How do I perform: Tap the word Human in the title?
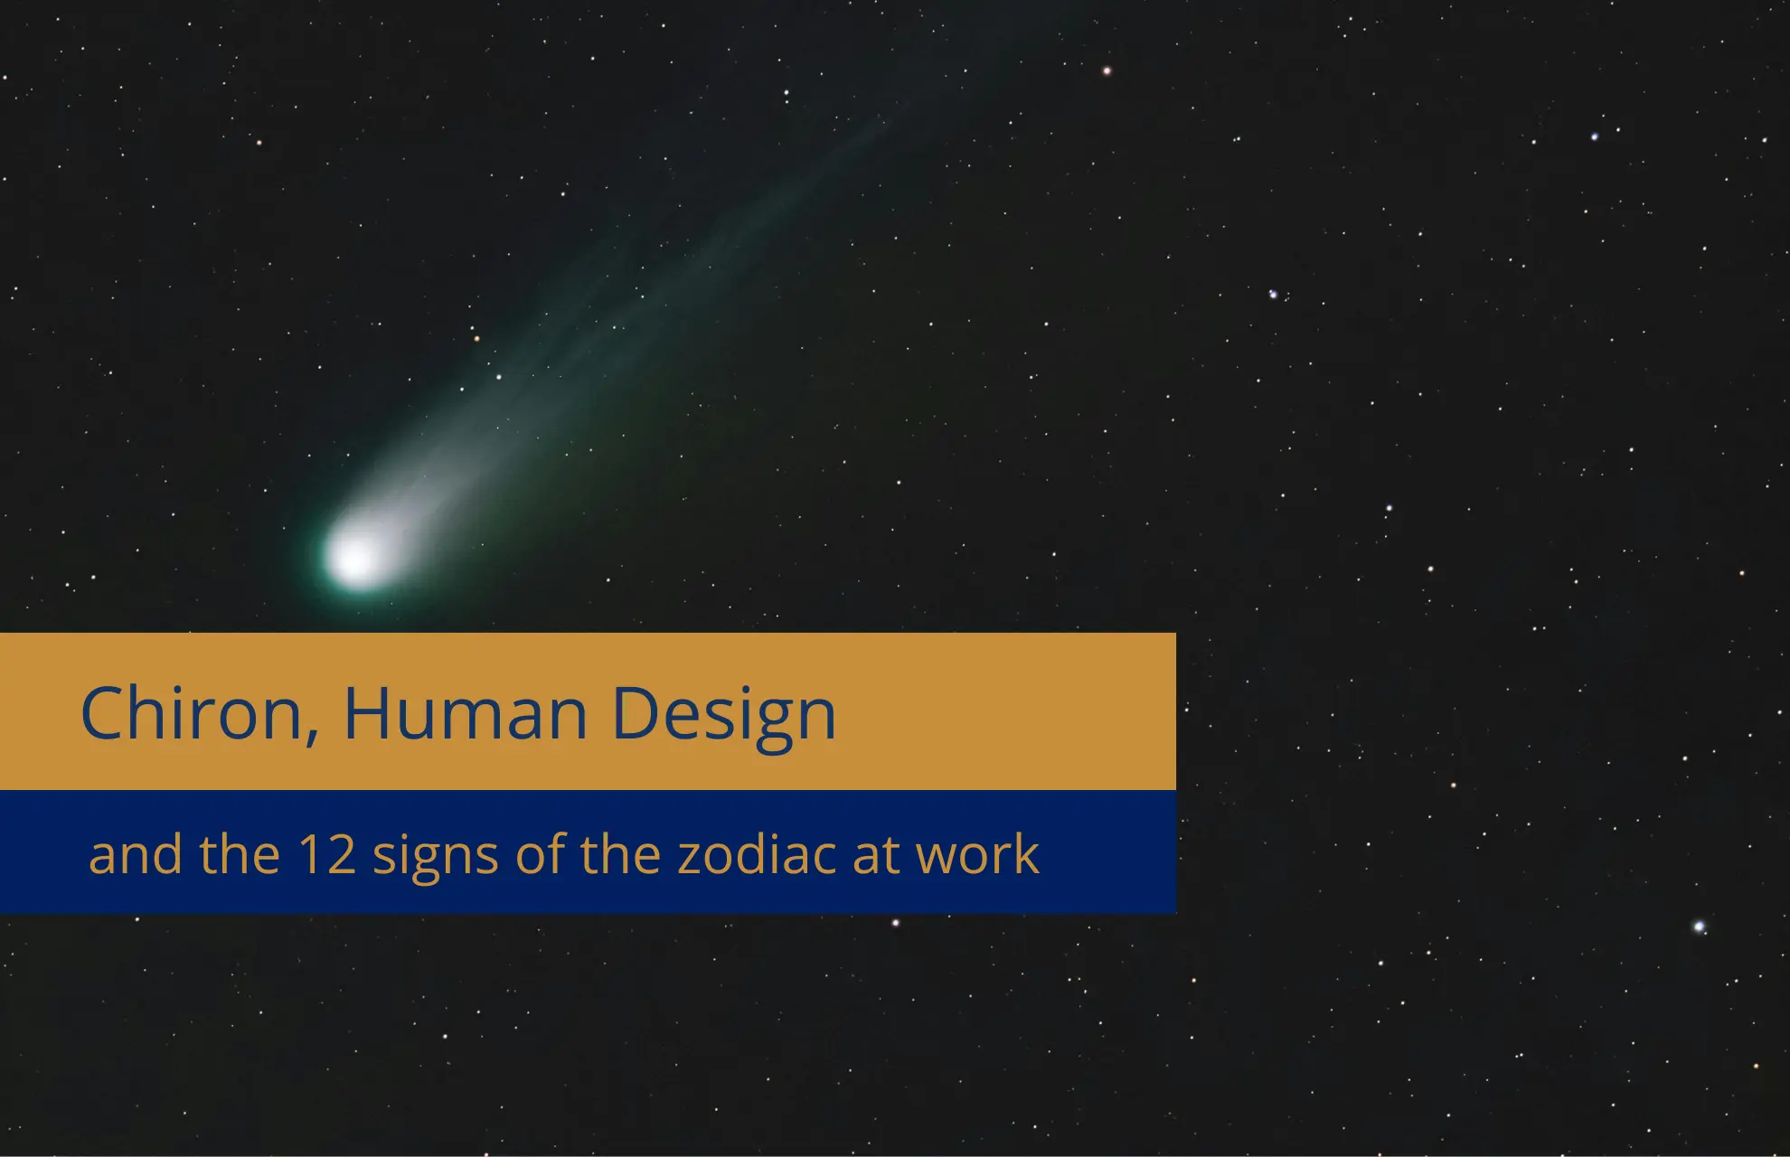click(x=465, y=713)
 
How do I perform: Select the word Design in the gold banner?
click(x=723, y=713)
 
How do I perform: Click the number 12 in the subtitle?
click(x=326, y=854)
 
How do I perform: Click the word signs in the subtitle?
click(x=436, y=856)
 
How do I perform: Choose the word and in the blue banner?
click(x=136, y=854)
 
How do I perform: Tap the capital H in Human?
click(x=367, y=713)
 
